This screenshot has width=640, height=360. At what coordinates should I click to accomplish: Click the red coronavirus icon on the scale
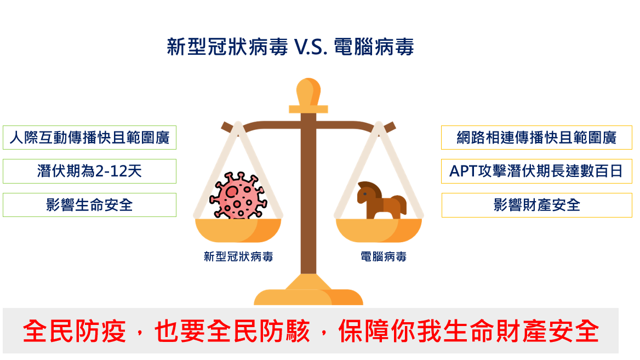pos(238,196)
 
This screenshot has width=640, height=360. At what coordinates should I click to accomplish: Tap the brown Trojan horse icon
pos(381,200)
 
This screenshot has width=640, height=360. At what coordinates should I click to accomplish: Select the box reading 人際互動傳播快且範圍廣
pos(89,138)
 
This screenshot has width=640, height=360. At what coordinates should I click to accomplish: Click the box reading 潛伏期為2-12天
pos(89,171)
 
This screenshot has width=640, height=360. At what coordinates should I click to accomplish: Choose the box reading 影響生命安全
pos(89,205)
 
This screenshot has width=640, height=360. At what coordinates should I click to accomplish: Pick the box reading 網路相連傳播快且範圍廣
pos(536,138)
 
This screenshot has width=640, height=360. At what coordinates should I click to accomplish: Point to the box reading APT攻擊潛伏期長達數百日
pos(536,171)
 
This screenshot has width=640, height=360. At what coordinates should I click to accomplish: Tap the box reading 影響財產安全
pos(536,205)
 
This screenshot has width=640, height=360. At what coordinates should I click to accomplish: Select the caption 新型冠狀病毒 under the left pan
pos(238,256)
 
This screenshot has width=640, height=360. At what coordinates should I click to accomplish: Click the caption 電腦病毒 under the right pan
pos(383,256)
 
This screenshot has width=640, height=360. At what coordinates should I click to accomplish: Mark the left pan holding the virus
pos(238,230)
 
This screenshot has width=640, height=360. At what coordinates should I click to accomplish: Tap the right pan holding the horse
pos(379,230)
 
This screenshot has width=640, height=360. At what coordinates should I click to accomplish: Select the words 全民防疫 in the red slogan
pos(75,331)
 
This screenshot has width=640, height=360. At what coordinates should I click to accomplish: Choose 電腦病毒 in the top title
pos(374,47)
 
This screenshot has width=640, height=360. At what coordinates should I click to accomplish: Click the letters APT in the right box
pos(463,171)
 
